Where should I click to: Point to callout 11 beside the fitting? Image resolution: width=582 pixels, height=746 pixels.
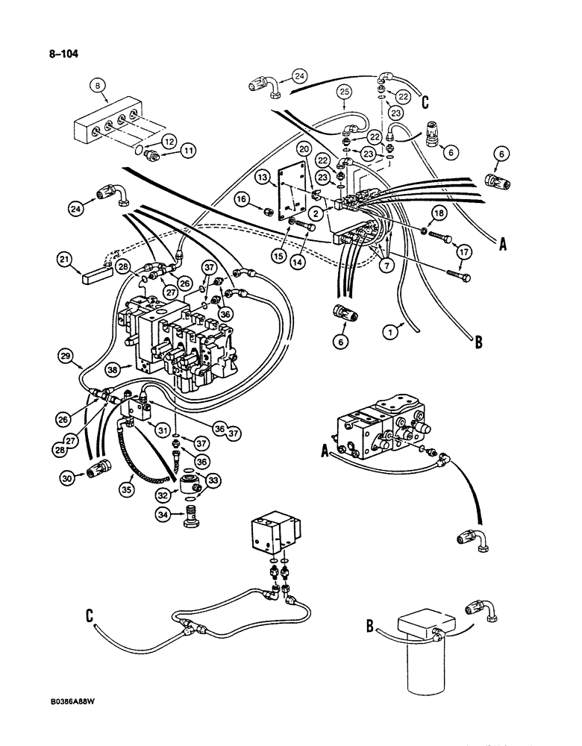tap(187, 150)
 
